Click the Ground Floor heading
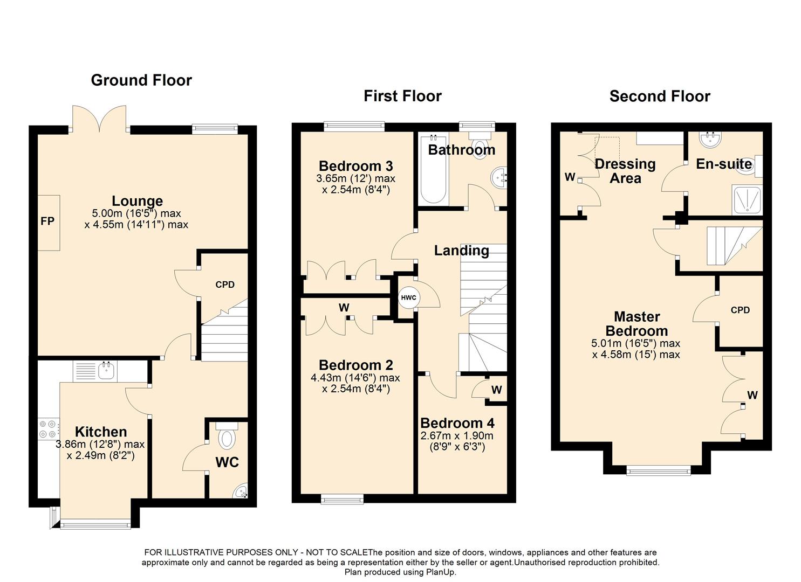141,80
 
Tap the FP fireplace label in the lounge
47,221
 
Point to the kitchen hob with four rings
48,429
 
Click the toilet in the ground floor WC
227,435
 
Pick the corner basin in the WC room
241,491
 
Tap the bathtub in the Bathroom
433,169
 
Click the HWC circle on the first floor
409,297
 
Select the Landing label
461,251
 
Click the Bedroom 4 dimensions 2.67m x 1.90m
457,441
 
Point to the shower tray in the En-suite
747,200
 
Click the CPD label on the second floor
740,310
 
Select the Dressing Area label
625,171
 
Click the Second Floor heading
660,96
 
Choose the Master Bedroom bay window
658,472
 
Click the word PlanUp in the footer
440,572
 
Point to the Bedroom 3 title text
356,166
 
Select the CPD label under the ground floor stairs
225,285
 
